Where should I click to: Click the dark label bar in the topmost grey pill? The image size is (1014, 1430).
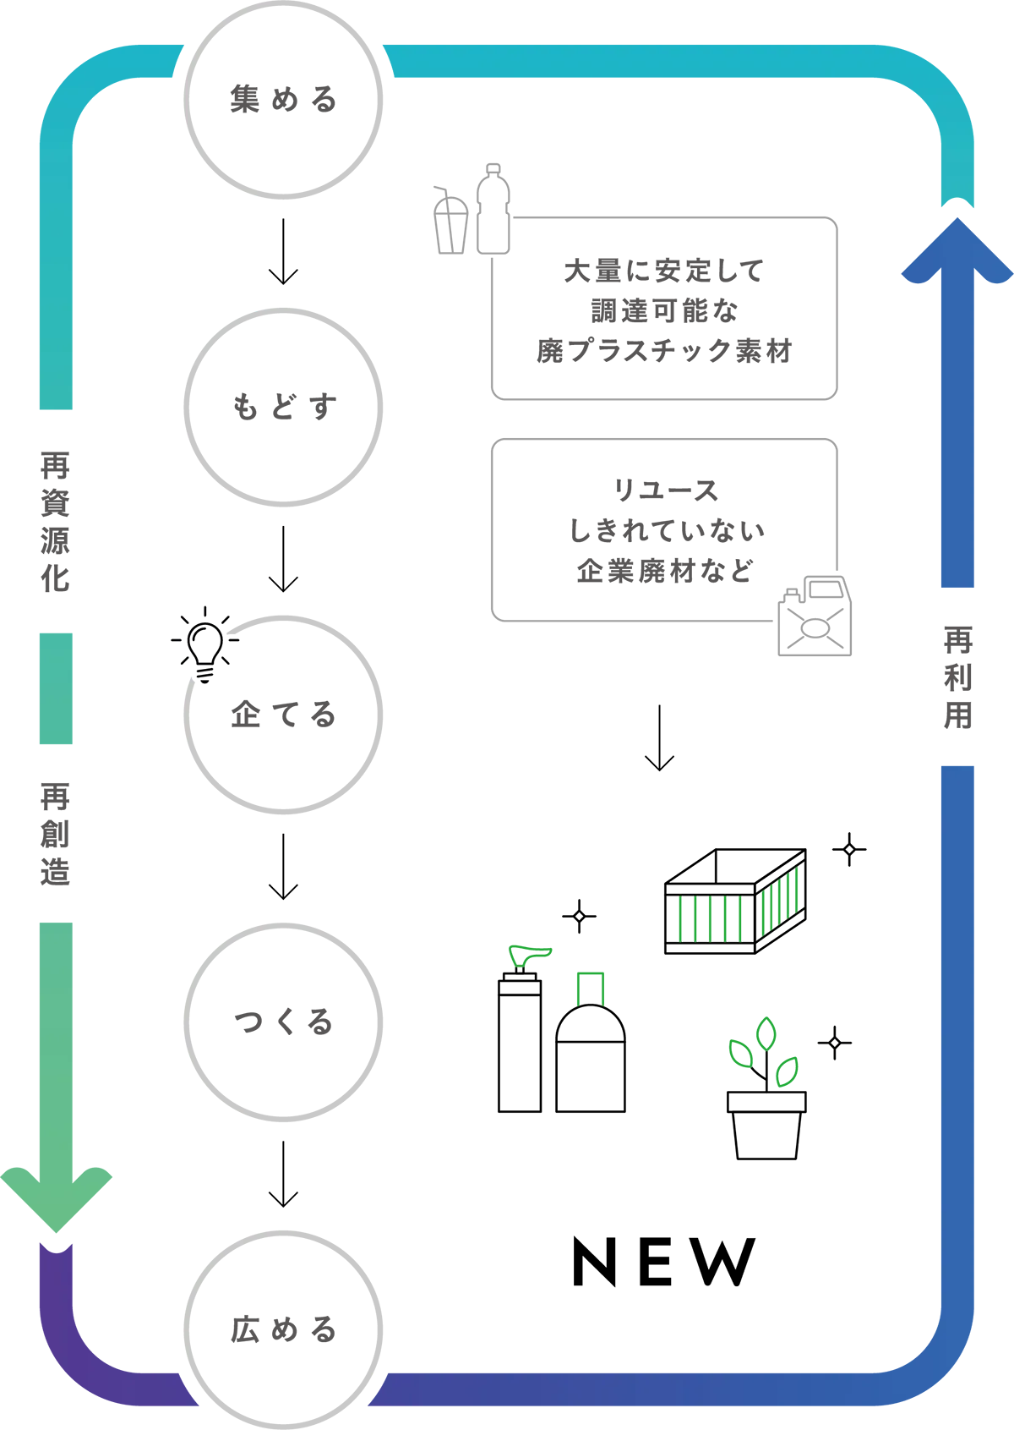click(x=301, y=98)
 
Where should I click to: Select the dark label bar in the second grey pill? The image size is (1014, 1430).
click(x=301, y=408)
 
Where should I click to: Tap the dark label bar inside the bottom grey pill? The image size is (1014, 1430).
click(x=301, y=1329)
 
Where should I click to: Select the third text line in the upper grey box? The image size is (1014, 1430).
click(x=683, y=348)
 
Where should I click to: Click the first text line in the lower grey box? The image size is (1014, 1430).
click(x=723, y=490)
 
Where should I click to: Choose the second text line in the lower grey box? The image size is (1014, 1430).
click(x=700, y=530)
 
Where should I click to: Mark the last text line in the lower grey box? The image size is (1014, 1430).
click(x=701, y=569)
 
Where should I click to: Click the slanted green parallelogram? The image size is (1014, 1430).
click(x=779, y=903)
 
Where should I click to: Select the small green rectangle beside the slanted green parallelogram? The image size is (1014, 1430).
click(x=714, y=918)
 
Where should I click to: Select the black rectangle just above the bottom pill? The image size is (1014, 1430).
click(x=753, y=1261)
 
